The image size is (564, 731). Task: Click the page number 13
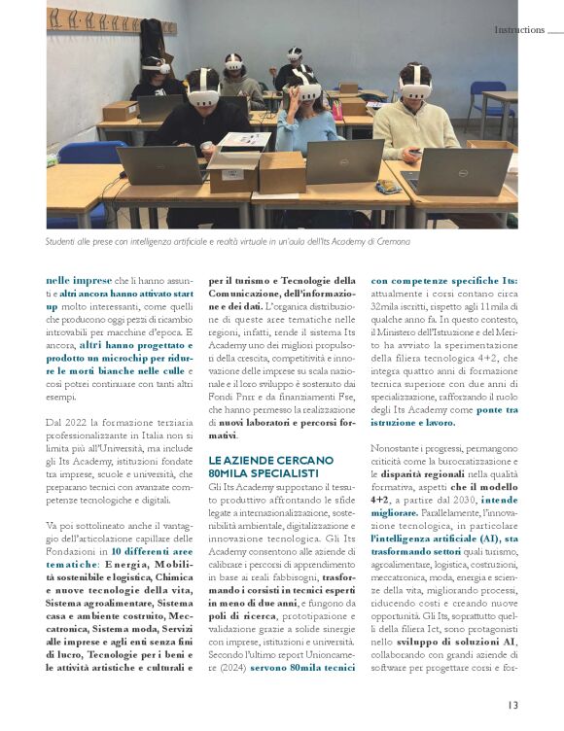coord(511,706)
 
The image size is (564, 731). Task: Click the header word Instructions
coord(518,30)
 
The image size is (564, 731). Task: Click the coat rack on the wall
coord(91,20)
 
